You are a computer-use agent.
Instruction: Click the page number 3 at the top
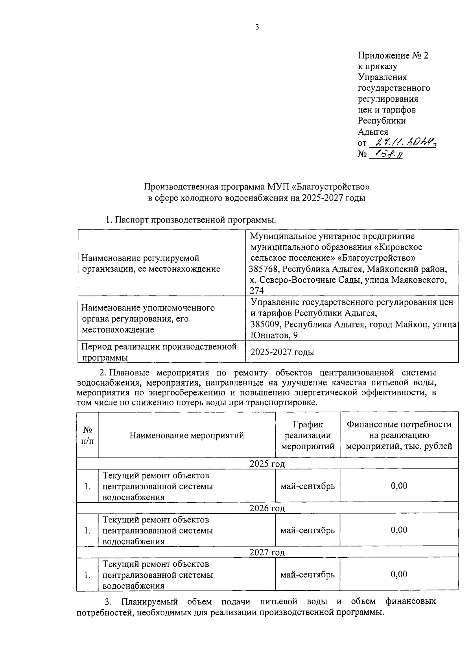[257, 27]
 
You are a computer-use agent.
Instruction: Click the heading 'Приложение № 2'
[393, 55]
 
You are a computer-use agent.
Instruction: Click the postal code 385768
[265, 269]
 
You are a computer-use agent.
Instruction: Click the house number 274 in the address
[257, 290]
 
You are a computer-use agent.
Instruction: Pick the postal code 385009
[265, 325]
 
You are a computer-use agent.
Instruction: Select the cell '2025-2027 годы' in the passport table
[282, 352]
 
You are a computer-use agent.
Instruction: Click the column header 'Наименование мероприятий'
[187, 435]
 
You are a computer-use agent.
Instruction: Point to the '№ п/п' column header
[87, 435]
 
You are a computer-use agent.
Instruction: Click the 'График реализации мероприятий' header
[308, 435]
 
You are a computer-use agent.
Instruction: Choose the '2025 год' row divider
[267, 464]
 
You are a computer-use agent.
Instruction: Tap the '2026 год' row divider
[267, 508]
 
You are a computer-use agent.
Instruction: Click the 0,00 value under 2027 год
[399, 574]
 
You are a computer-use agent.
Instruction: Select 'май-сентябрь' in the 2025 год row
[308, 486]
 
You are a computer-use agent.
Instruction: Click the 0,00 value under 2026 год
[399, 530]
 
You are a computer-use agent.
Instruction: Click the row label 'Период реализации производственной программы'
[159, 352]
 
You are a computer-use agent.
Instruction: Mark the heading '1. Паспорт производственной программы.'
[191, 220]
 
